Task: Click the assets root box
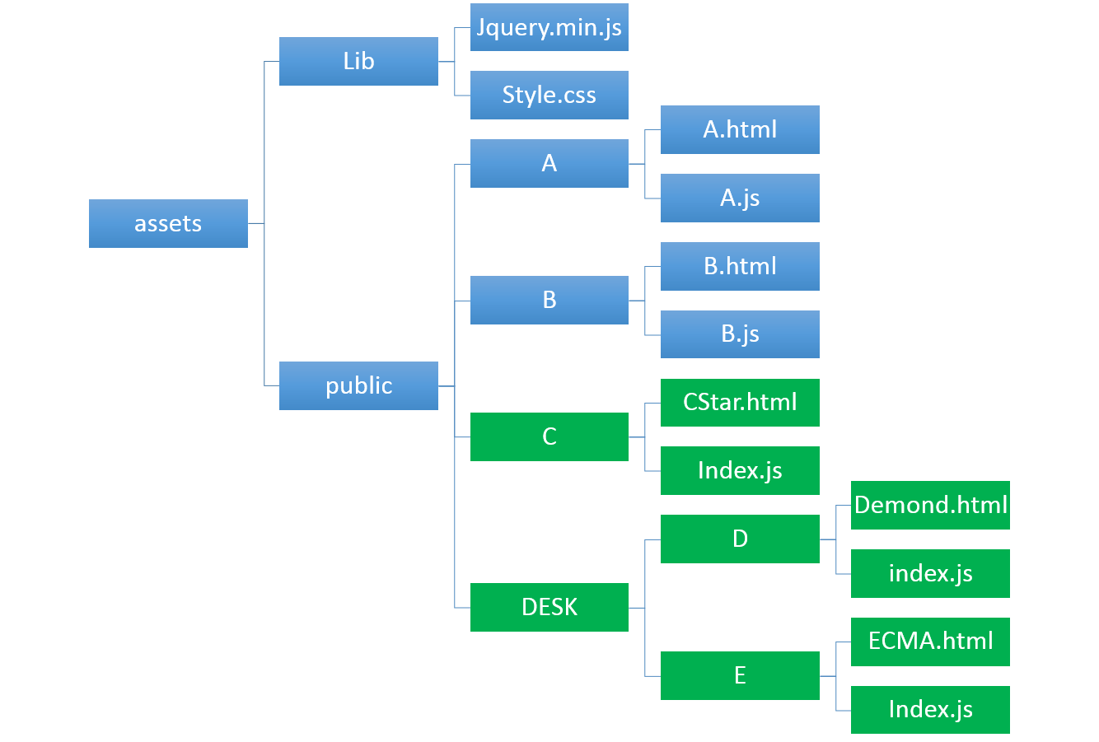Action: click(168, 224)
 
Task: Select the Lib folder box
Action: click(358, 61)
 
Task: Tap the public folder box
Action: click(358, 385)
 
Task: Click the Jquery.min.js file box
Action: click(549, 27)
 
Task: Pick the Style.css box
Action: click(549, 96)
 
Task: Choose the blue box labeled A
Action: click(549, 163)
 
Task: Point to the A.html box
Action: click(740, 129)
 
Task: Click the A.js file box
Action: click(740, 198)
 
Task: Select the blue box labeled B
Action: click(549, 300)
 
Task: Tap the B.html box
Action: click(740, 266)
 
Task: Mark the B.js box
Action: click(740, 334)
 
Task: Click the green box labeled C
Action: click(549, 437)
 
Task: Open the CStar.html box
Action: click(740, 403)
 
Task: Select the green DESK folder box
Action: click(549, 607)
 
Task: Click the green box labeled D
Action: click(740, 539)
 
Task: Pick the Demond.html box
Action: click(930, 505)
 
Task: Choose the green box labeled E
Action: click(740, 676)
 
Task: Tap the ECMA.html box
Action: click(930, 642)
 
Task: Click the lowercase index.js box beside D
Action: click(930, 574)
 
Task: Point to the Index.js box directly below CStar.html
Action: click(740, 471)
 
